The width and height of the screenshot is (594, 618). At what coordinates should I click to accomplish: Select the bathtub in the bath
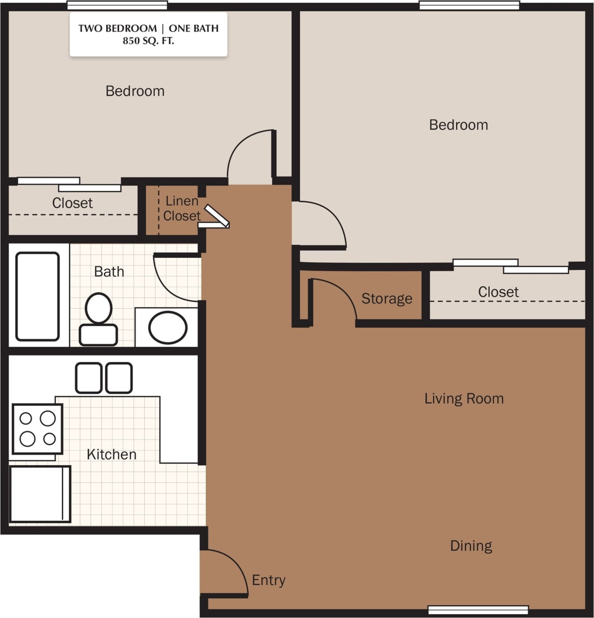tap(38, 296)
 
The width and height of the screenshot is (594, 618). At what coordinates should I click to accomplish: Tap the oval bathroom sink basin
tap(168, 327)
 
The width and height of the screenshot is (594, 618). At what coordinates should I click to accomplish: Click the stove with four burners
tap(37, 429)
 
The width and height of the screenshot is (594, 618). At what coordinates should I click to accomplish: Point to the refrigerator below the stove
tap(40, 494)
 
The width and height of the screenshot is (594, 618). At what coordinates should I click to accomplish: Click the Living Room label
tap(464, 399)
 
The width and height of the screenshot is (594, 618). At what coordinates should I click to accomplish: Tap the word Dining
tap(471, 546)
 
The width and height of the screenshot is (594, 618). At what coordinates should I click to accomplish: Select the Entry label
tap(268, 580)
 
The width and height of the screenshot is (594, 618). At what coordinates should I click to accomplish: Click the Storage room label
tap(387, 299)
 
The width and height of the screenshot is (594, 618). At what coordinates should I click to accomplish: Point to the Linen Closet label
tap(182, 208)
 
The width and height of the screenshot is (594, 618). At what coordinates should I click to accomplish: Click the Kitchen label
tap(111, 454)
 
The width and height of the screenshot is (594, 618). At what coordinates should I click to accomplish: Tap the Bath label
tap(109, 272)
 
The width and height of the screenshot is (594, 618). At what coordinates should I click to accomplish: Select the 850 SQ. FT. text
tap(148, 41)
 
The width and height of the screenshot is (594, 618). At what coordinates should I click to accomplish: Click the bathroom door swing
tap(171, 280)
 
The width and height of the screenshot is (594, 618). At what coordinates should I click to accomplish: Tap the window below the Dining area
tap(478, 610)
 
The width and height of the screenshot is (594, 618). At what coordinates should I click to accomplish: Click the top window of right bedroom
tap(469, 5)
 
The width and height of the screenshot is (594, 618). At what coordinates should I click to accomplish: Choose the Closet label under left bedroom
tap(72, 203)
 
